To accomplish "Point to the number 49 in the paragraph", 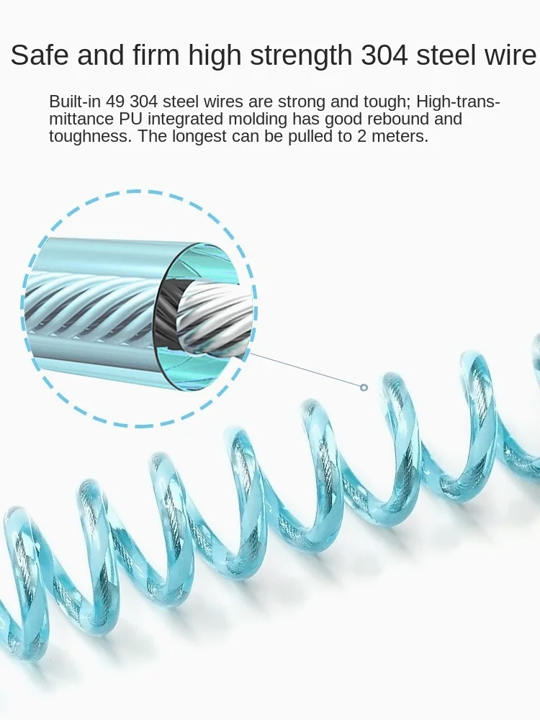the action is pyautogui.click(x=117, y=102).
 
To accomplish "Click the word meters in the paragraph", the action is pyautogui.click(x=401, y=136).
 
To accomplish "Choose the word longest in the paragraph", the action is pyautogui.click(x=205, y=136).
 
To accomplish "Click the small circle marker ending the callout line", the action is pyautogui.click(x=364, y=387).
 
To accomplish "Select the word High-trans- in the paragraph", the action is pyautogui.click(x=459, y=102).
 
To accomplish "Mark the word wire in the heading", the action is pyautogui.click(x=511, y=55).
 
